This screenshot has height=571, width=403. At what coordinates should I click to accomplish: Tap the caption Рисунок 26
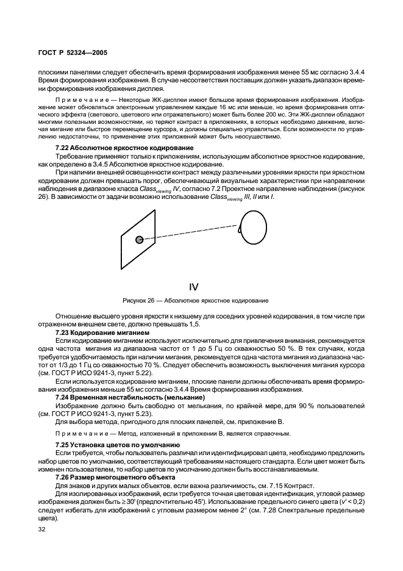143,301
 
